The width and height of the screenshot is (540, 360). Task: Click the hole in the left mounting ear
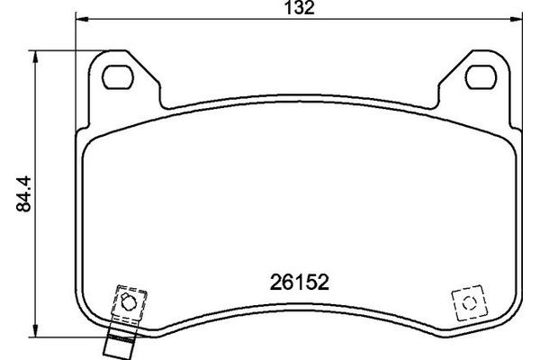[x=118, y=76]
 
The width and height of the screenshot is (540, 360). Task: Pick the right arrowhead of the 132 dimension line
[x=519, y=19]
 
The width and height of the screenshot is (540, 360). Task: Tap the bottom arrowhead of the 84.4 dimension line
[x=35, y=328]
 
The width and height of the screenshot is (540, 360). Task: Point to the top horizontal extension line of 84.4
[x=63, y=51]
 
